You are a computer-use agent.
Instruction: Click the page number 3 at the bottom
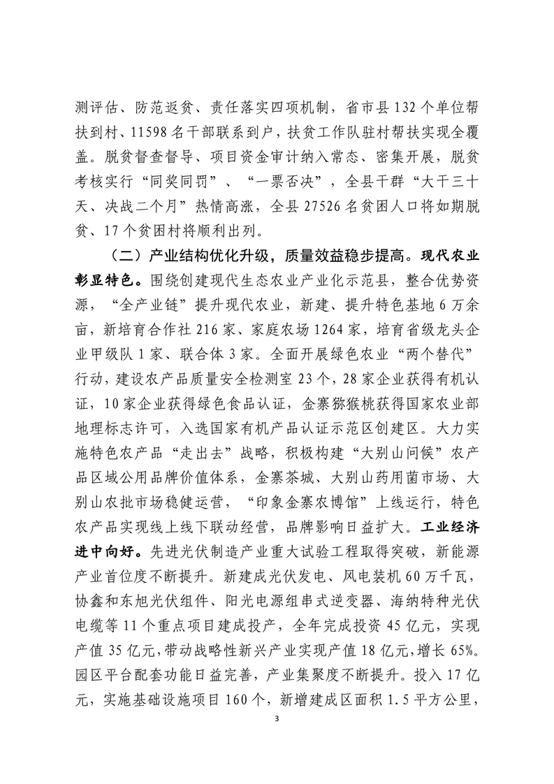277,719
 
